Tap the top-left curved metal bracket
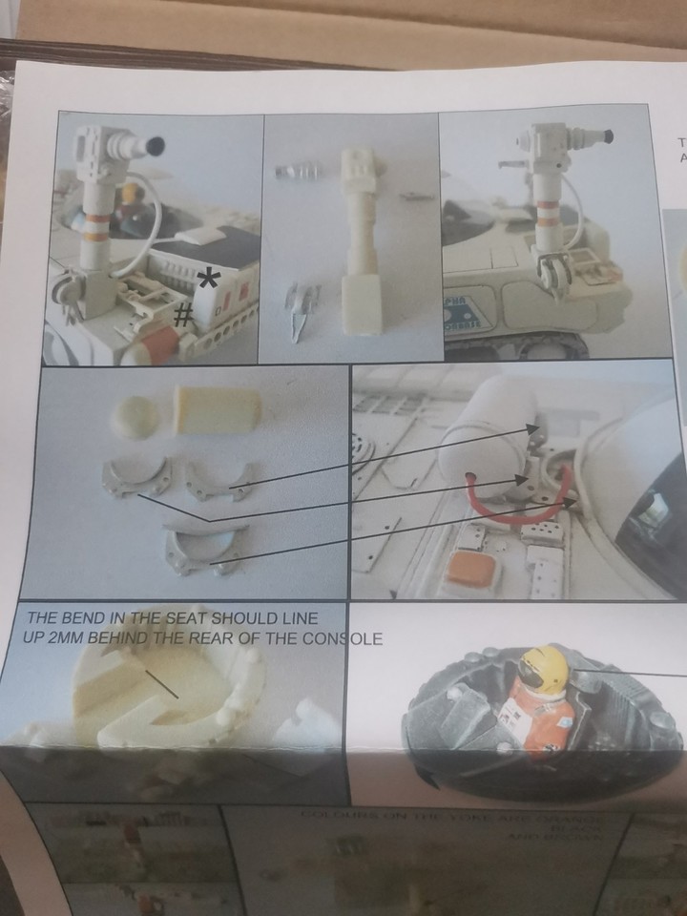point(136,473)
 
